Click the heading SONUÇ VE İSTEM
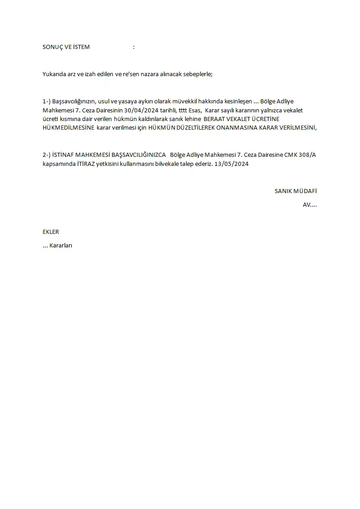pos(66,47)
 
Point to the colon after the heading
pos(134,47)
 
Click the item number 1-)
pos(47,101)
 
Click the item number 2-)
pos(47,155)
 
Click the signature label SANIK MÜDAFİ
pos(296,191)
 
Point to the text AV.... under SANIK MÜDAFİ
pos(310,205)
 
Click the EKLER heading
pos(51,232)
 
